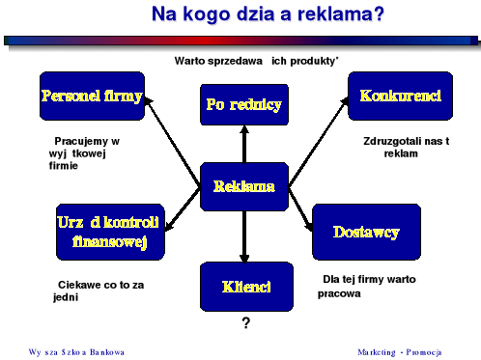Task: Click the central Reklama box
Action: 243,187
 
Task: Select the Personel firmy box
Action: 92,97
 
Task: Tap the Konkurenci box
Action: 399,97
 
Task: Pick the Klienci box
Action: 245,287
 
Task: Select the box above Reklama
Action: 243,105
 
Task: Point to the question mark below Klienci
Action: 246,323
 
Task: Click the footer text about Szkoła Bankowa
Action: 77,350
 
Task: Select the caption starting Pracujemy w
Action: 87,152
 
